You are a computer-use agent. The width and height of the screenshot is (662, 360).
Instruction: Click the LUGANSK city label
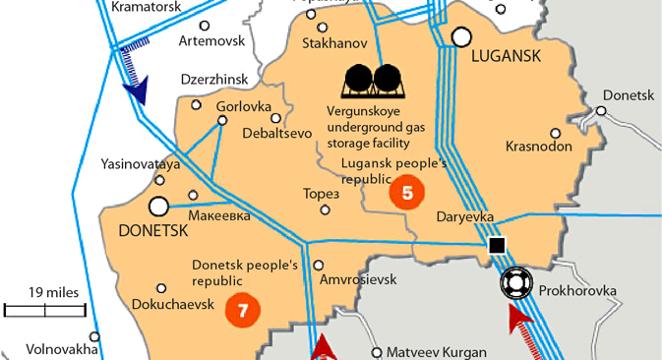click(508, 57)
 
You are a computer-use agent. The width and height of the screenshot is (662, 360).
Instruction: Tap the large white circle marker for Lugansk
click(461, 37)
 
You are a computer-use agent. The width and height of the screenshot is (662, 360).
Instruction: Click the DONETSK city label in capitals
click(151, 230)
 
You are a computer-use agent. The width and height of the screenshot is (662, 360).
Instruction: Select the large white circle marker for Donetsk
click(158, 207)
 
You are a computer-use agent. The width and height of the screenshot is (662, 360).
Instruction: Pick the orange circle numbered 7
click(243, 310)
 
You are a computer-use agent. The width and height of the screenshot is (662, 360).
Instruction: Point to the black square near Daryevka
click(497, 245)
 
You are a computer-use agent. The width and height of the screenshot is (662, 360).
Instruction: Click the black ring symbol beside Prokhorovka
click(514, 283)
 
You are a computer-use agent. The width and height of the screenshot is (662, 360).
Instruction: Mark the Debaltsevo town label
click(275, 132)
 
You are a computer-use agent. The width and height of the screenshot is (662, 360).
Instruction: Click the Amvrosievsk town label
click(358, 279)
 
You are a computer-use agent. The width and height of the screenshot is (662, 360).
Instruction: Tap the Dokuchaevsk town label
click(172, 303)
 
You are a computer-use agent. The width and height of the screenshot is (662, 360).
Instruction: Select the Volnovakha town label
click(62, 348)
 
